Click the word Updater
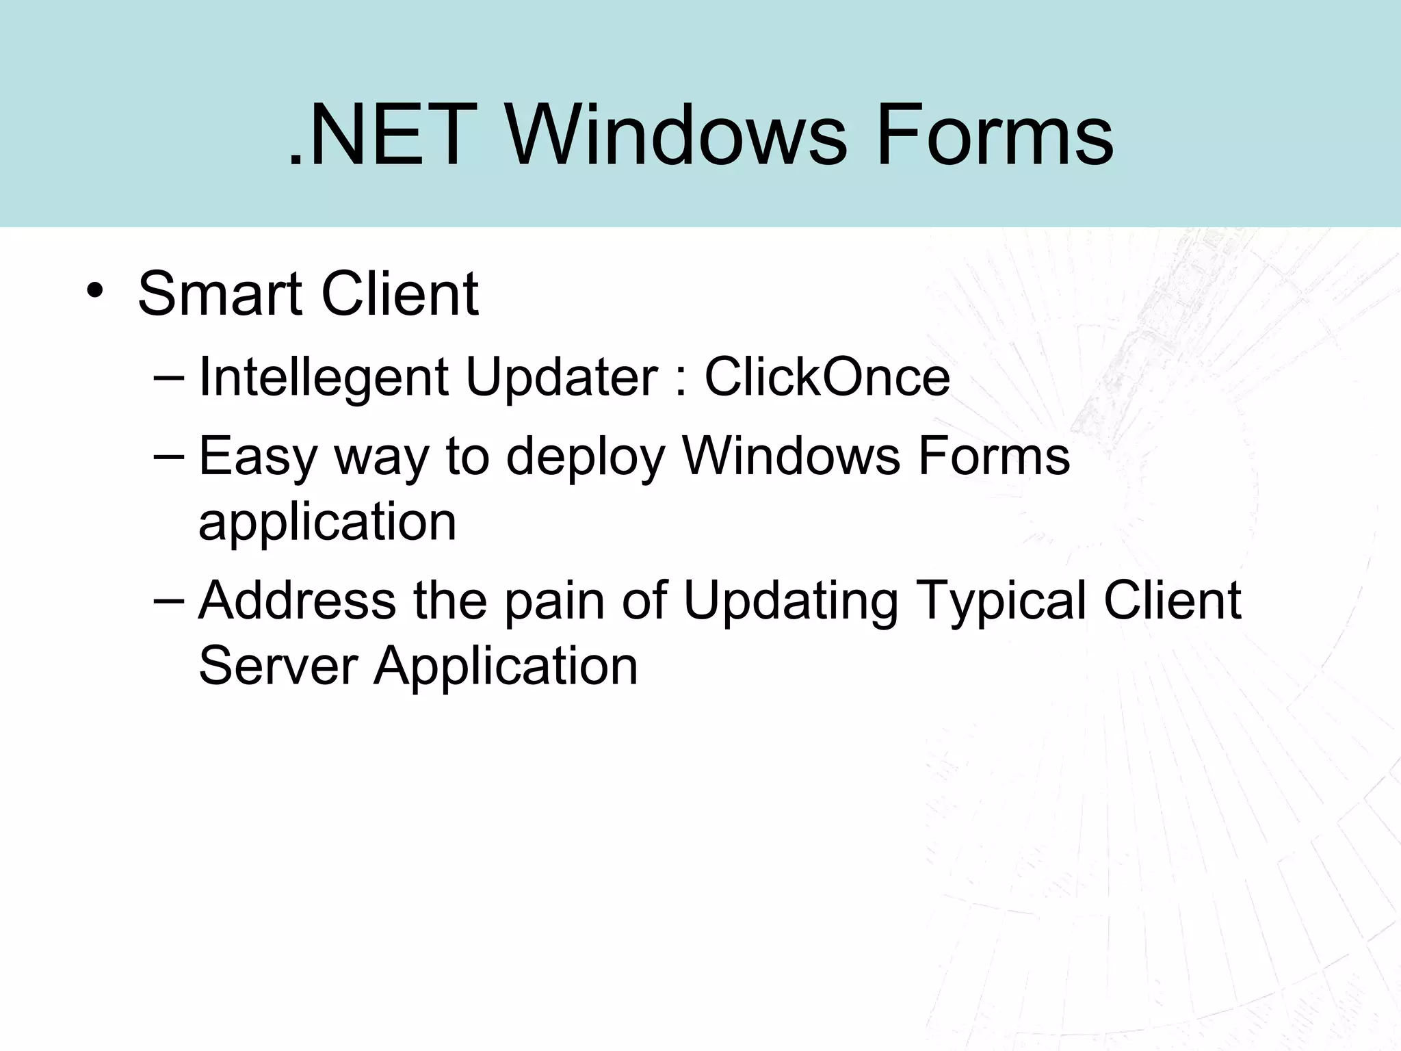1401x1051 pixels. (561, 378)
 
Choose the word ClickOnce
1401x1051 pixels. (827, 378)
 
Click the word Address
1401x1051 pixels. (298, 601)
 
